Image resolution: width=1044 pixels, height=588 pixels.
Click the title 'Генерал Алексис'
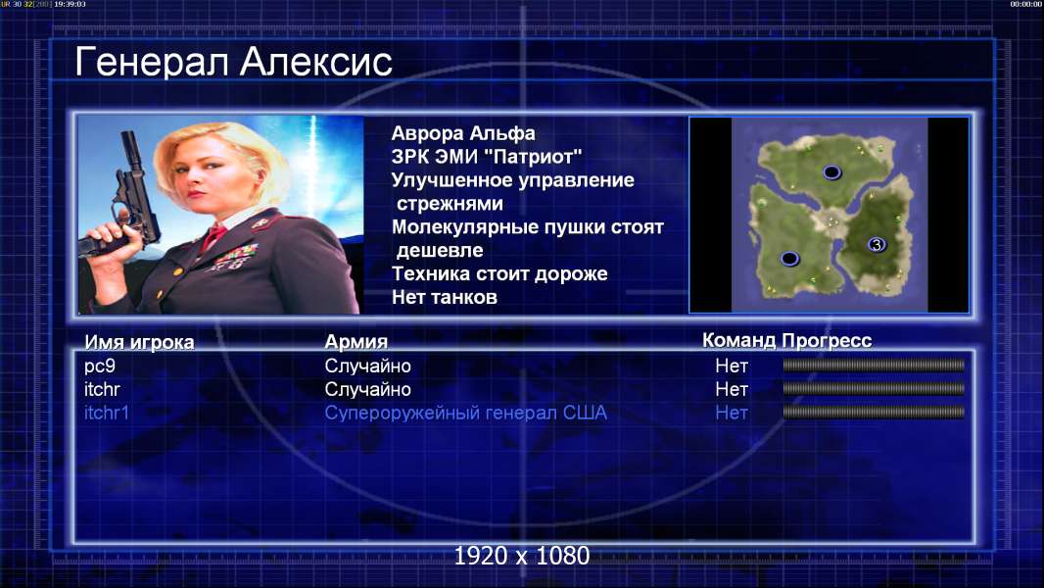[x=234, y=62]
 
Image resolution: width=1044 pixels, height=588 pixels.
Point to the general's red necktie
[x=214, y=236]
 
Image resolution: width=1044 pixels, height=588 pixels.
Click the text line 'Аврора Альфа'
[x=462, y=133]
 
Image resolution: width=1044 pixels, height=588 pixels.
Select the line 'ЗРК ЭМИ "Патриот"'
[x=487, y=157]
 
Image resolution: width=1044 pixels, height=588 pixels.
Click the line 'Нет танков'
[x=444, y=297]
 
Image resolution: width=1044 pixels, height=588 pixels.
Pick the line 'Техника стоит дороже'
[x=499, y=273]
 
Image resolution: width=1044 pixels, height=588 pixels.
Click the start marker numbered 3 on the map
[x=877, y=244]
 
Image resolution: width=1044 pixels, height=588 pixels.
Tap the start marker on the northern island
[x=831, y=172]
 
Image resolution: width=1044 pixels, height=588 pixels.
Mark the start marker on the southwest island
[x=789, y=258]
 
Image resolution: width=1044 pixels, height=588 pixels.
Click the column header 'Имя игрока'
[x=139, y=342]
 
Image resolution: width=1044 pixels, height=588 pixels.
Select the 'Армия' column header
[x=356, y=342]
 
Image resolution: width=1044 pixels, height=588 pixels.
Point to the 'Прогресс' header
[x=827, y=340]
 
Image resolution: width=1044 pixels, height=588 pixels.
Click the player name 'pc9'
[x=100, y=366]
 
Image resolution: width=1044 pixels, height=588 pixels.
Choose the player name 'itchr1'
[x=107, y=413]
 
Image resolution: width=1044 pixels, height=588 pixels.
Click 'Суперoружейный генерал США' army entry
[x=465, y=413]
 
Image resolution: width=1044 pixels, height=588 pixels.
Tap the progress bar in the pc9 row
[x=874, y=365]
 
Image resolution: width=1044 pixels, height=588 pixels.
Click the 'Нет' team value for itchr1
[x=731, y=413]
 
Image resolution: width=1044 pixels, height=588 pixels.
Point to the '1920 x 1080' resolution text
[x=521, y=556]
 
